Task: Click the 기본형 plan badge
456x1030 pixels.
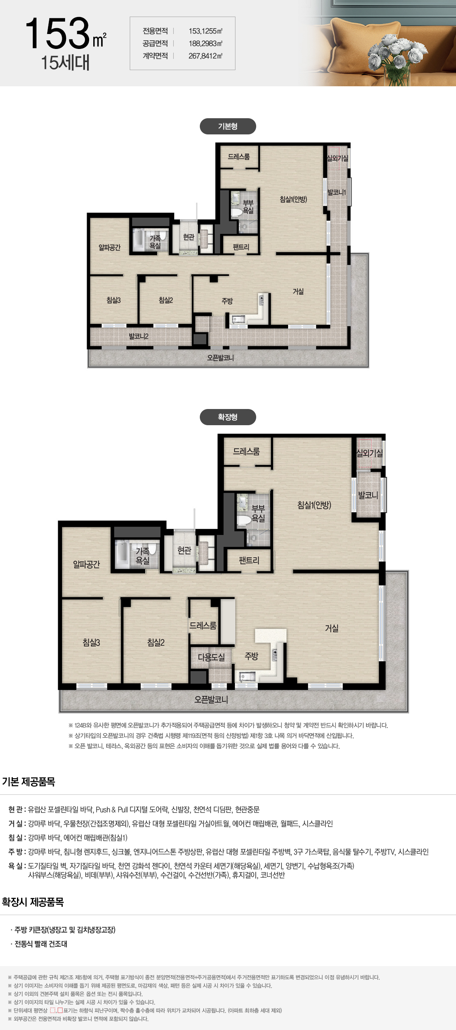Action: click(228, 127)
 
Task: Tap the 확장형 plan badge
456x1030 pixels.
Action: click(228, 417)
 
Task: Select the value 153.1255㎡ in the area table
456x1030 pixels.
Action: click(206, 31)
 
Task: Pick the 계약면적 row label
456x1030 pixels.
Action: click(155, 56)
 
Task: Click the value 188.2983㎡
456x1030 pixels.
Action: click(206, 44)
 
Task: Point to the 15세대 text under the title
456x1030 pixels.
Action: click(65, 63)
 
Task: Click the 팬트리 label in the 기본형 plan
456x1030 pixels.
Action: click(241, 247)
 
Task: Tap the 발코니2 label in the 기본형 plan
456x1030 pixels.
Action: click(138, 336)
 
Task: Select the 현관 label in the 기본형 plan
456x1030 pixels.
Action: click(189, 237)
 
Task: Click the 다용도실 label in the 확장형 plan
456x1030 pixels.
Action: click(211, 657)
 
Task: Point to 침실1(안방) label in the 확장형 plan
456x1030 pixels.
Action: click(314, 505)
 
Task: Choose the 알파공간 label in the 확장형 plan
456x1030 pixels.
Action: click(86, 564)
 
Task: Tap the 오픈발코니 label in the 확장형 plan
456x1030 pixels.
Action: click(211, 699)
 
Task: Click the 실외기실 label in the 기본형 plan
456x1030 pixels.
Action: click(337, 158)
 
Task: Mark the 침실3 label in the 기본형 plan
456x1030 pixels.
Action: click(113, 300)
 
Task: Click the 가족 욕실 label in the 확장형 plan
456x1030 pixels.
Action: click(142, 556)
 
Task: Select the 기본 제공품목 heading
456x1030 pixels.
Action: click(29, 782)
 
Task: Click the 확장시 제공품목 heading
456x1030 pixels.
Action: click(33, 902)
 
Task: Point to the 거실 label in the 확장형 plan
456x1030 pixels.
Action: click(332, 628)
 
